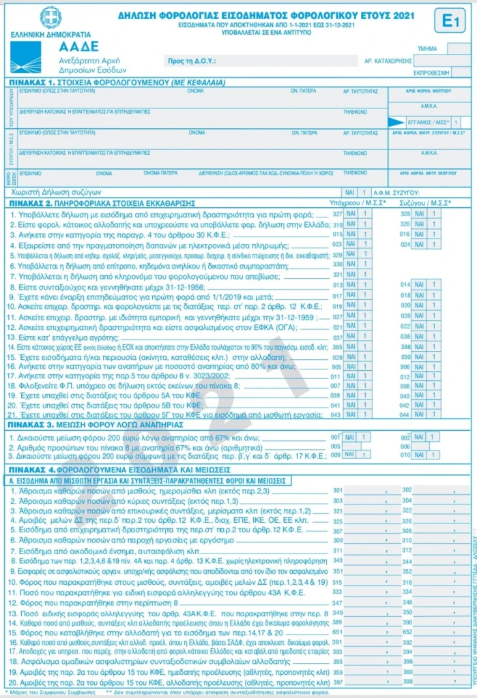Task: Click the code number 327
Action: pyautogui.click(x=337, y=214)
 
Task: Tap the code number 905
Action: pyautogui.click(x=337, y=365)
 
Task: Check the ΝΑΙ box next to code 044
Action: pyautogui.click(x=418, y=414)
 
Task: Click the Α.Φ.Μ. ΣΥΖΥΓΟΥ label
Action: pyautogui.click(x=410, y=193)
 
